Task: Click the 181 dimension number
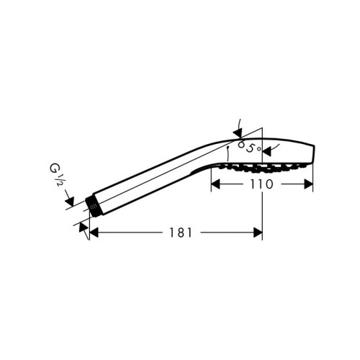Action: point(176,233)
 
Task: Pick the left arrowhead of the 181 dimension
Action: point(93,233)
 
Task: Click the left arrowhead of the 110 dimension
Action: point(214,184)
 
